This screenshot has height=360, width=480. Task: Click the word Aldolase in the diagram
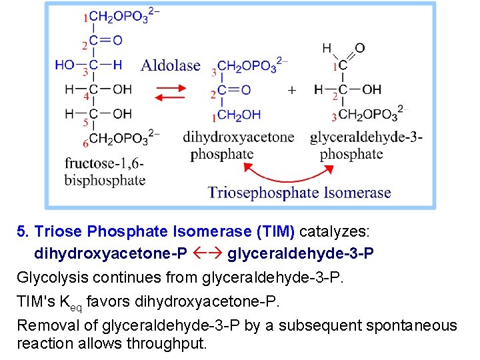tap(171, 65)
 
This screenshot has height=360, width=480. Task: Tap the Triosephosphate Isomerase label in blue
tap(299, 193)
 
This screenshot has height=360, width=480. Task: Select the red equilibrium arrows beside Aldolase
tap(172, 92)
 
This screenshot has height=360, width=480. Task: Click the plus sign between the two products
tap(291, 89)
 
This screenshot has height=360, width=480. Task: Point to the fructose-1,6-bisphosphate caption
tap(105, 171)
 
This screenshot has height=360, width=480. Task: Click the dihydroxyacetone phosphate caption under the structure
tap(238, 145)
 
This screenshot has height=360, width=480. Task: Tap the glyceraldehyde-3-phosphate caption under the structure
tap(366, 145)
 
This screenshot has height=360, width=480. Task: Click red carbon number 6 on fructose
tap(85, 143)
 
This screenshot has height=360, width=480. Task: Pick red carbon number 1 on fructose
tap(85, 19)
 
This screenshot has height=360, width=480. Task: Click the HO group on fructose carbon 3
tap(65, 65)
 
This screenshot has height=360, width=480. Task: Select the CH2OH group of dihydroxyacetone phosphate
tap(239, 115)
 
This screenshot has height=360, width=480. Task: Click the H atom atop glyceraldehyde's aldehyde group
tap(327, 47)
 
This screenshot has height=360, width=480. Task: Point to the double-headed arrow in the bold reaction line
tap(207, 254)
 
